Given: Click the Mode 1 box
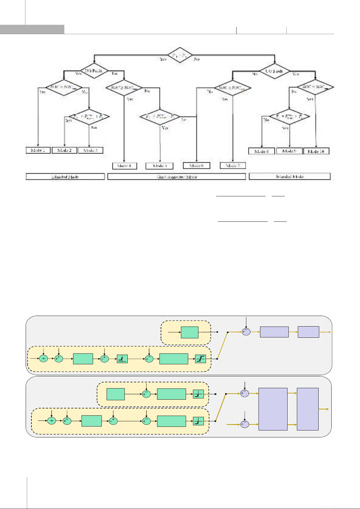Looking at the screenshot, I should tap(38, 150).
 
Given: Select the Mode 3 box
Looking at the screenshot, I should tap(90, 150).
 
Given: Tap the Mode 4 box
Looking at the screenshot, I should tap(124, 166).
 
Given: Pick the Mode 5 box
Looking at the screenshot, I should tap(160, 166).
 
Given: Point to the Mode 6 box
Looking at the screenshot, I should tap(196, 166).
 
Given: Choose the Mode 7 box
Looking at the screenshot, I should tap(233, 166).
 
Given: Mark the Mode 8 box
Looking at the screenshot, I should tap(262, 151).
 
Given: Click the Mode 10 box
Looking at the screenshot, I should tap(316, 151).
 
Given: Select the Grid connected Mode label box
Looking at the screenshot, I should tap(177, 177).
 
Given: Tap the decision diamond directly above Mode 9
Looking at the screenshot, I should tap(289, 116).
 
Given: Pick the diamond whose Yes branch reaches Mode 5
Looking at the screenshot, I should tap(160, 116).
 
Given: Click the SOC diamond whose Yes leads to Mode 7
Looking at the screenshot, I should tap(233, 88).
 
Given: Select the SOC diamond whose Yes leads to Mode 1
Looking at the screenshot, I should tap(64, 88).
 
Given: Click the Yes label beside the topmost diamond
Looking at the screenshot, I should tap(163, 59).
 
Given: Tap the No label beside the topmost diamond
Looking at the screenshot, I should tap(197, 59).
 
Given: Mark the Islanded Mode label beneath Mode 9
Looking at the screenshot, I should tap(290, 176).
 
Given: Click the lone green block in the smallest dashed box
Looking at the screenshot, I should tap(189, 332).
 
